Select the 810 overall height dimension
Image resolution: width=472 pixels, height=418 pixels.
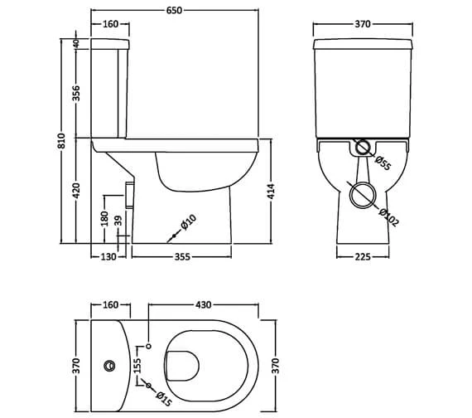(x=60, y=142)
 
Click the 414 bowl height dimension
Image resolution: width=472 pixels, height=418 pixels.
(x=271, y=192)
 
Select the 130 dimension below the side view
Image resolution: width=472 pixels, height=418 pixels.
(x=108, y=257)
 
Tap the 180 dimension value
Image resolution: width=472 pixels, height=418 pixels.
(x=104, y=217)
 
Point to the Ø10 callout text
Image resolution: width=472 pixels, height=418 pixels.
(x=189, y=222)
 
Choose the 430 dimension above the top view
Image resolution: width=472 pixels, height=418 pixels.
(x=201, y=305)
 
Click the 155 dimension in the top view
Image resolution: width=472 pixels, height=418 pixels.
(x=138, y=365)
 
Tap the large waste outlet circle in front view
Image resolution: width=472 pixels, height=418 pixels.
(x=361, y=197)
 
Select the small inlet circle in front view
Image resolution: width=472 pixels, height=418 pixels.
(x=362, y=149)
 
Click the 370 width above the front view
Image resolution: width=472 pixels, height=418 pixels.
(x=362, y=25)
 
